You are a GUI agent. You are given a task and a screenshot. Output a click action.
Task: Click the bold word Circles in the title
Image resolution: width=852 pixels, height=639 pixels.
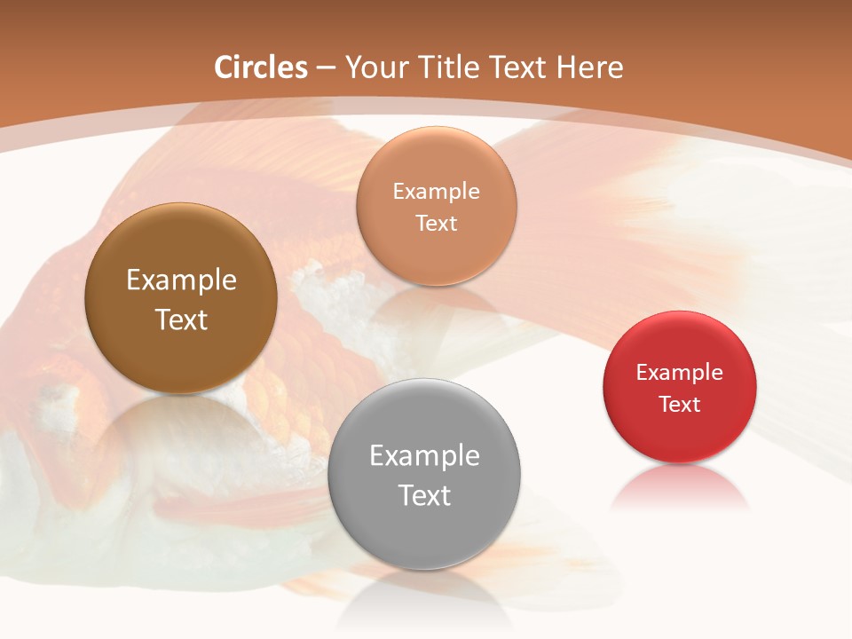tap(260, 67)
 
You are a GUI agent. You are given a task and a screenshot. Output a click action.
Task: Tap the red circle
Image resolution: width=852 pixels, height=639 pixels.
tap(680, 435)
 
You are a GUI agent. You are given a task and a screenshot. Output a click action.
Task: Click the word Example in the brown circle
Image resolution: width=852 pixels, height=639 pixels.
tap(181, 280)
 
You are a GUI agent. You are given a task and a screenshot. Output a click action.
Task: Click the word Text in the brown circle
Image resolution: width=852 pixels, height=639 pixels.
tap(181, 319)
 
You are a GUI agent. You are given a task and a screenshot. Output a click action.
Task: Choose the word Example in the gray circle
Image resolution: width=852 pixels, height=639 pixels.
tap(424, 456)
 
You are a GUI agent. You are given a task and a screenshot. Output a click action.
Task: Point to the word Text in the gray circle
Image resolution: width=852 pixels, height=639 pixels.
tap(424, 495)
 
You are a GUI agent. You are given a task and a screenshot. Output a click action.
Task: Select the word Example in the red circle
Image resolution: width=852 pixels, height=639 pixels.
tap(680, 373)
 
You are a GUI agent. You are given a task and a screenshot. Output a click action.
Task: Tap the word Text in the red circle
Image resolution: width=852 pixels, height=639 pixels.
tap(680, 405)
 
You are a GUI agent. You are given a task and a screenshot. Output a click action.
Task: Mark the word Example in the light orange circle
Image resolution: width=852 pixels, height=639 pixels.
tap(436, 192)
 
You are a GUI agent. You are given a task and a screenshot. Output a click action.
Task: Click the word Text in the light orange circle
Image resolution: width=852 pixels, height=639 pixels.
tap(436, 224)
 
